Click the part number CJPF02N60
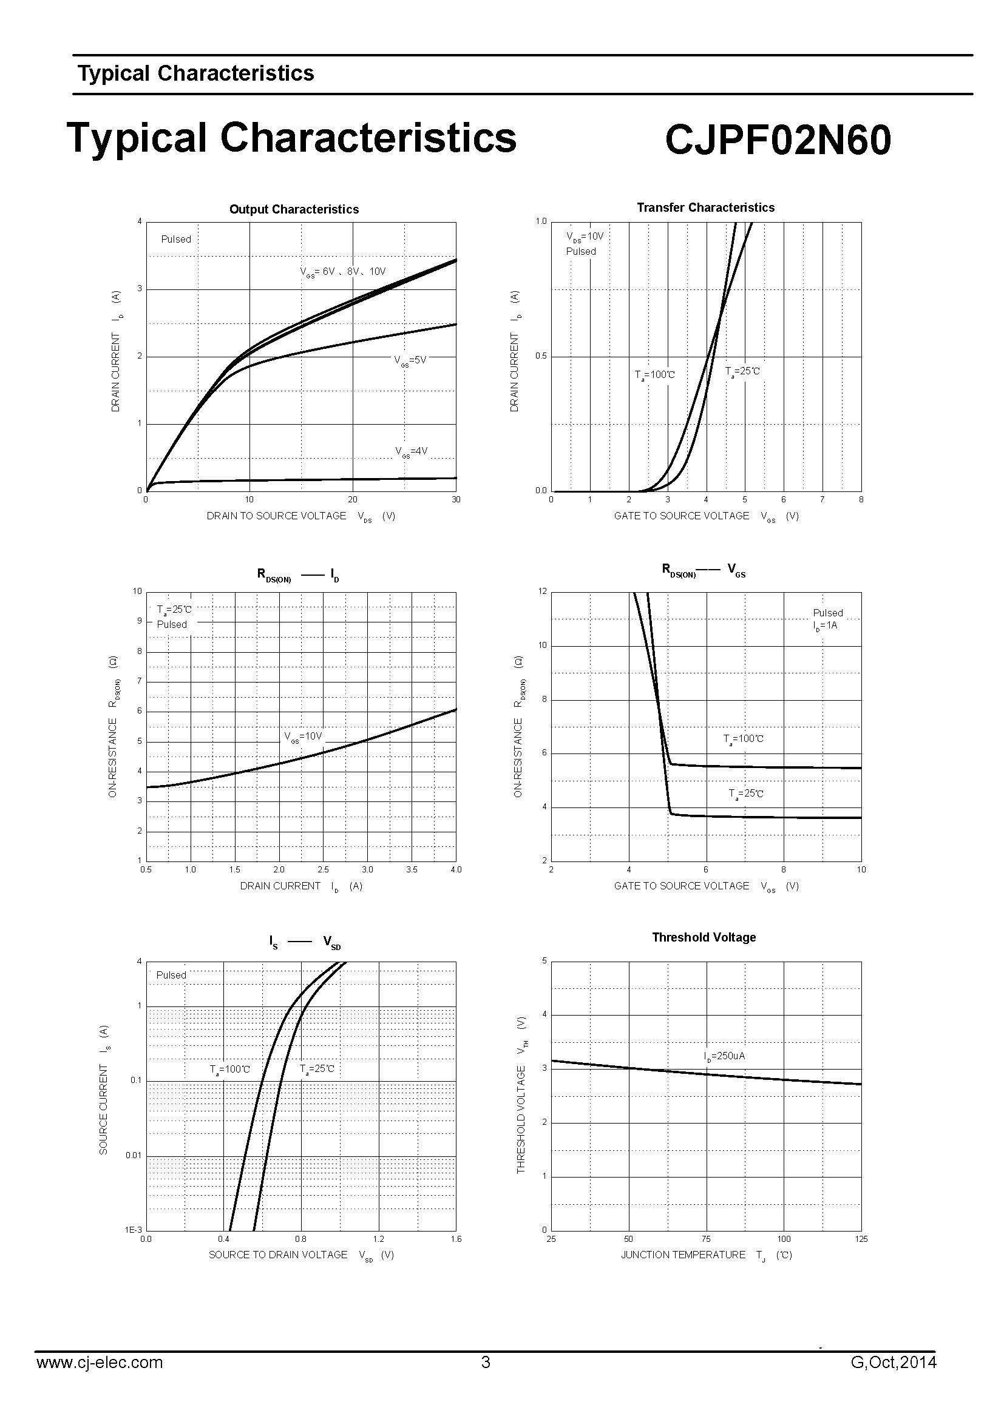(x=778, y=140)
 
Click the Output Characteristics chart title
(x=294, y=209)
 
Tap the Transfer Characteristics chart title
(x=705, y=207)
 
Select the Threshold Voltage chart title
(x=704, y=937)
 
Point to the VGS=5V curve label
(x=410, y=360)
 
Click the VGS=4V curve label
(x=412, y=452)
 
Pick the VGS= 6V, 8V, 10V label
(x=343, y=272)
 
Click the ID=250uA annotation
(x=725, y=1056)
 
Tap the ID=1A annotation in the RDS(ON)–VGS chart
(x=826, y=625)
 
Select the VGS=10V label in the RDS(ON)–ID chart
(x=303, y=736)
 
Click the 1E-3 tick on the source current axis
(x=134, y=1229)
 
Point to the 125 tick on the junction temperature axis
(x=861, y=1239)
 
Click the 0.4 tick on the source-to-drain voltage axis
(x=224, y=1239)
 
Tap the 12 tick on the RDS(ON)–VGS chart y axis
(x=543, y=592)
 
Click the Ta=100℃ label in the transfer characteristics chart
(x=655, y=375)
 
